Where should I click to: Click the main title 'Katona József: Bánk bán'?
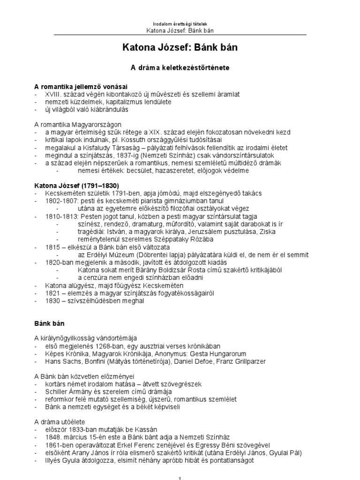(180, 48)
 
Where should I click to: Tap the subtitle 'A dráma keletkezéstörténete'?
(180, 68)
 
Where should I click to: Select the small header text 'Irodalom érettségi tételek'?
(180, 24)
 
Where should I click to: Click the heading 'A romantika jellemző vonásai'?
(81, 87)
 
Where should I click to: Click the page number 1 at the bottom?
(180, 477)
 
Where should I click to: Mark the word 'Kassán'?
(145, 429)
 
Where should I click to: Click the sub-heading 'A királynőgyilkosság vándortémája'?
(86, 338)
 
